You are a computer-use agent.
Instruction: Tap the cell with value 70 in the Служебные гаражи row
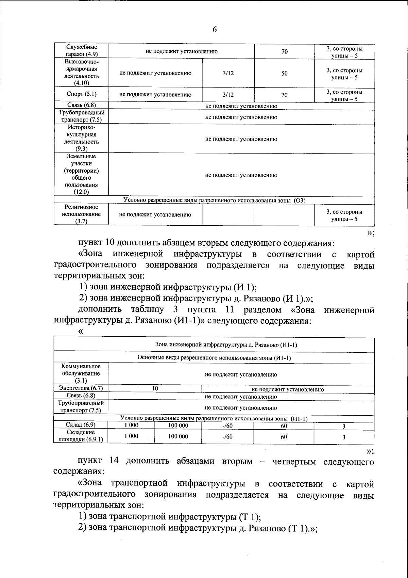[284, 52]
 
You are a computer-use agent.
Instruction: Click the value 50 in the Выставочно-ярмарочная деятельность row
[284, 73]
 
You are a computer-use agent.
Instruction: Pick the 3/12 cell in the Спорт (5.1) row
[228, 95]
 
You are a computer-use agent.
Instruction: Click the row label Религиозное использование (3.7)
[81, 214]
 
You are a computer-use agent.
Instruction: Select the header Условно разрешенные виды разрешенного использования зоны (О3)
[214, 200]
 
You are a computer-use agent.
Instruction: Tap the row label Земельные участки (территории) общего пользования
[81, 174]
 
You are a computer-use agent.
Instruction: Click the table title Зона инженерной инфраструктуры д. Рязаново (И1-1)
[226, 344]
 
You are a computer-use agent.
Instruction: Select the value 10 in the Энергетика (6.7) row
[155, 388]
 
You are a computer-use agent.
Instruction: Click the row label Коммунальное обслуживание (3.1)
[81, 373]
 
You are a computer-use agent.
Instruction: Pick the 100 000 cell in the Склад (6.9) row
[178, 426]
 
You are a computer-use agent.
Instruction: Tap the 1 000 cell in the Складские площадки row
[131, 436]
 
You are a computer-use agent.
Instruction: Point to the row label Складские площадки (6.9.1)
[81, 436]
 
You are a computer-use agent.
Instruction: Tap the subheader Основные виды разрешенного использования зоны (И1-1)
[214, 358]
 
